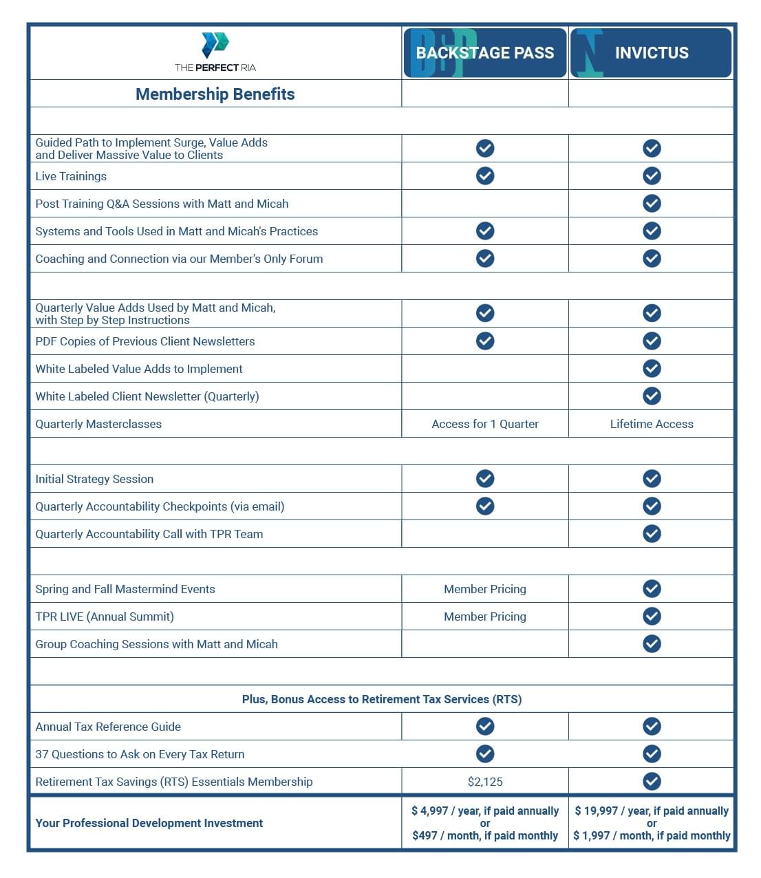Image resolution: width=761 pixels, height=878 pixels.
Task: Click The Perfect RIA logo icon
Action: (x=215, y=44)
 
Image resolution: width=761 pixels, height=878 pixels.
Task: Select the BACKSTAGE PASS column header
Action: (x=485, y=53)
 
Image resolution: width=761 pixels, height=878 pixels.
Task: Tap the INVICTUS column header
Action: (x=651, y=53)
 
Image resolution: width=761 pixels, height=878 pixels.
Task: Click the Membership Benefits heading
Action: (x=215, y=94)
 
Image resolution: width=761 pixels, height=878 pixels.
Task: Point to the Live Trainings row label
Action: (x=71, y=176)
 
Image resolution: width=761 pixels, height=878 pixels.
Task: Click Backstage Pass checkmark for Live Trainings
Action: (x=485, y=175)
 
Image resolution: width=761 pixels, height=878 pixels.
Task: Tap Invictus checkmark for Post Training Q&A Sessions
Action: (x=652, y=203)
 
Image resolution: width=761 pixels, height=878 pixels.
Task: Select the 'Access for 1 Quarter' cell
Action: (x=485, y=424)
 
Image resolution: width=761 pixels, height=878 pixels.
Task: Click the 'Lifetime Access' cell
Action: (x=652, y=424)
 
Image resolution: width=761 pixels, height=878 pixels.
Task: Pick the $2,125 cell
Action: (x=485, y=782)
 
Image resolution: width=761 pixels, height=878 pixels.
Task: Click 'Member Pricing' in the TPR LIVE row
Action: (x=485, y=617)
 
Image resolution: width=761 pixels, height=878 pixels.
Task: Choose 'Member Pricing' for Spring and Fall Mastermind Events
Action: (x=485, y=589)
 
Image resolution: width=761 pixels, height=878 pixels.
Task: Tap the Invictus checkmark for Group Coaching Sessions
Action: (x=652, y=643)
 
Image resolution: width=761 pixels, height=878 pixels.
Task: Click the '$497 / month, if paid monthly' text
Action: (x=485, y=835)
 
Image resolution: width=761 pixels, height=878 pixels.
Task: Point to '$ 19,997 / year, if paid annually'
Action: (x=652, y=811)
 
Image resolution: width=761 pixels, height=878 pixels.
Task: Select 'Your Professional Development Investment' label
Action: (x=149, y=823)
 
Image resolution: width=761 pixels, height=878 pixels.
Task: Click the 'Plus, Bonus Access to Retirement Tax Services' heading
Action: (x=382, y=699)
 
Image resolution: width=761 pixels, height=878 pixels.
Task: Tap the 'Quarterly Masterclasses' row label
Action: (x=98, y=424)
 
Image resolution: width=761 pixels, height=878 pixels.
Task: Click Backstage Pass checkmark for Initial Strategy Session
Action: (x=485, y=478)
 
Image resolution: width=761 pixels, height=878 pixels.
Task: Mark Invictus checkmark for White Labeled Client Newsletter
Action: (x=652, y=396)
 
